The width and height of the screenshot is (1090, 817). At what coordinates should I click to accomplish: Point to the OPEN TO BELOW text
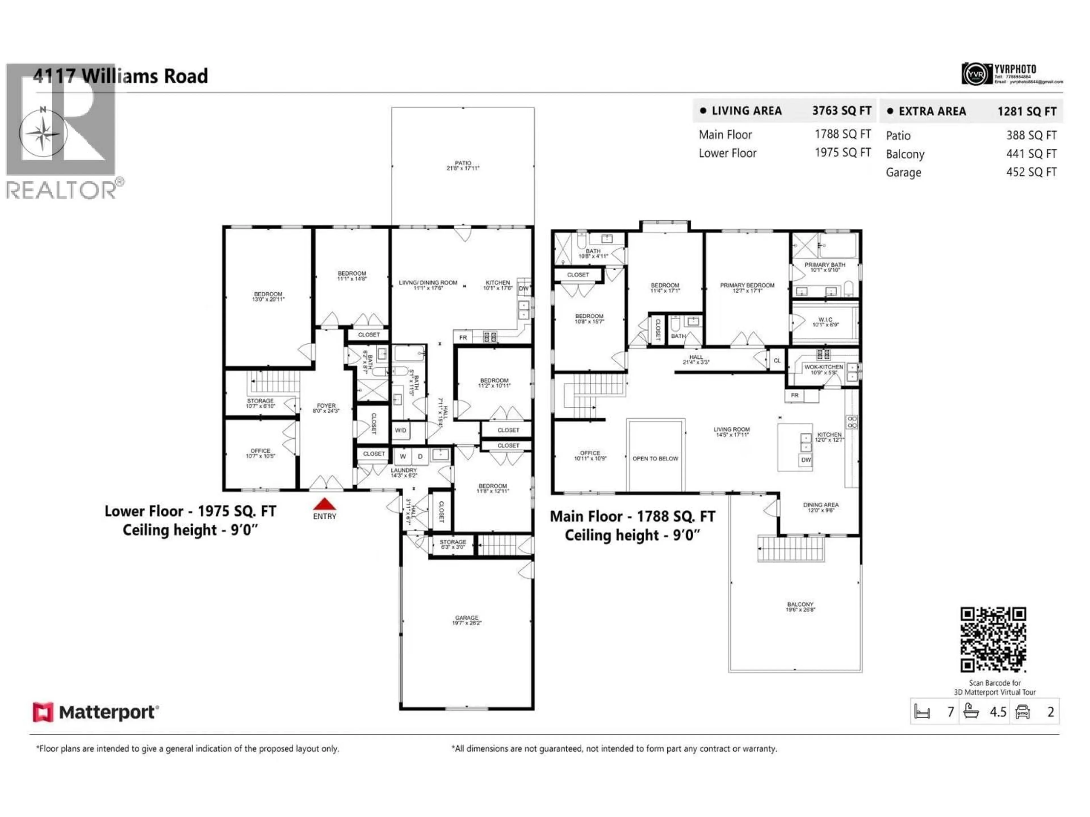tap(655, 458)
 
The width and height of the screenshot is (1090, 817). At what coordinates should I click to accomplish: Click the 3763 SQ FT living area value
tap(842, 111)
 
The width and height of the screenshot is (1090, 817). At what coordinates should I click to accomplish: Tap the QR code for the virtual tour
tap(993, 639)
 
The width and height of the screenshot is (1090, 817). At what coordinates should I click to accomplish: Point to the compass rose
tap(43, 133)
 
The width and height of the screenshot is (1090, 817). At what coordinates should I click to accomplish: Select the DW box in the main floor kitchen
tap(806, 460)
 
